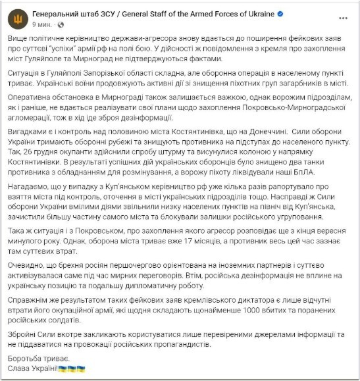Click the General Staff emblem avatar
(x=17, y=18)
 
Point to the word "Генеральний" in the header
(x=59, y=13)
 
